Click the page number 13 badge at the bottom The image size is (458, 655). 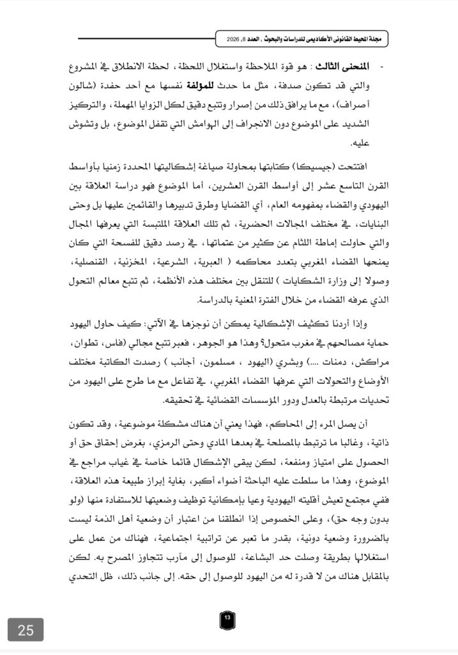pyautogui.click(x=228, y=619)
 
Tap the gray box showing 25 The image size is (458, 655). pyautogui.click(x=26, y=630)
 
